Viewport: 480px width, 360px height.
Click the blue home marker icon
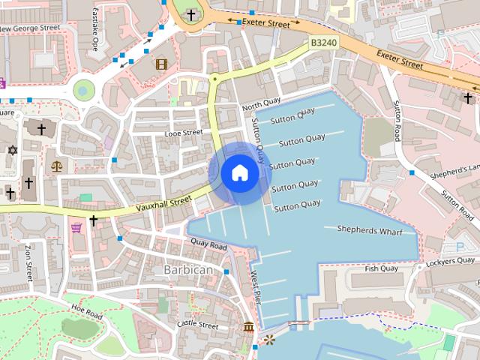[239, 173]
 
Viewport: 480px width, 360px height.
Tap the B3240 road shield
[323, 43]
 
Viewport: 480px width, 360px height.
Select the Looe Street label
[184, 133]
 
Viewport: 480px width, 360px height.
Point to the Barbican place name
[188, 269]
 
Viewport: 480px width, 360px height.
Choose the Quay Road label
[208, 245]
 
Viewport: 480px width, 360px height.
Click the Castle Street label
[197, 325]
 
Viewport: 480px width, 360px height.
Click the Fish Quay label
[381, 268]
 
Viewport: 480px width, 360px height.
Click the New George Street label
[30, 28]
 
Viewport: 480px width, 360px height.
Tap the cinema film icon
[161, 64]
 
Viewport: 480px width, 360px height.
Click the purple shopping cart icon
[76, 226]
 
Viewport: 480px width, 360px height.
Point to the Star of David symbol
[12, 150]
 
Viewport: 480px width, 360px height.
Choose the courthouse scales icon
[56, 164]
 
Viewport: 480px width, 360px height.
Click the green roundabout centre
[85, 91]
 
